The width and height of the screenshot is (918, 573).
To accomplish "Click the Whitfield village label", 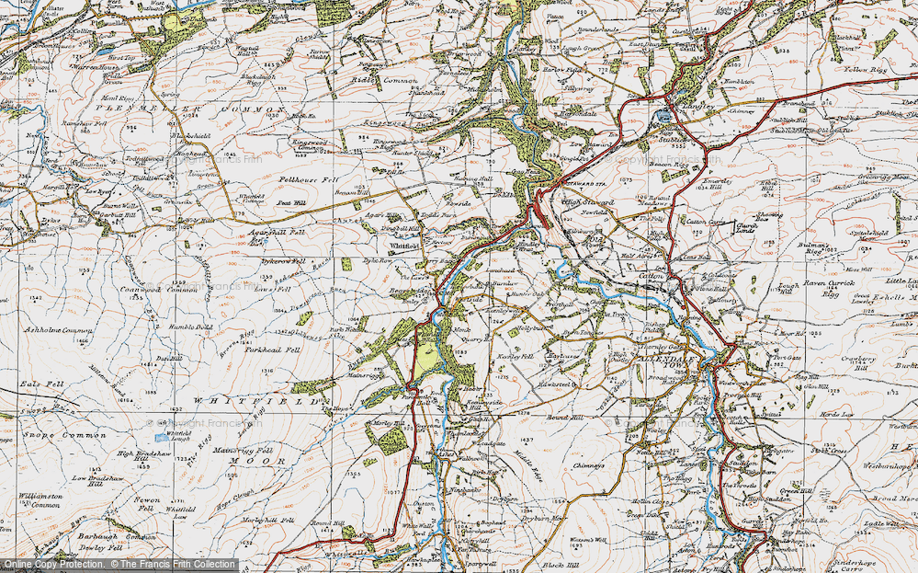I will pos(404,246).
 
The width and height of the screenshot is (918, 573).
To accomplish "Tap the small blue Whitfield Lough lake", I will pos(163,437).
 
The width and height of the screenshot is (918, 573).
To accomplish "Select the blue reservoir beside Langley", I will pos(663,117).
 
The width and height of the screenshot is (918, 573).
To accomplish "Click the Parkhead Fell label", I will pos(273,350).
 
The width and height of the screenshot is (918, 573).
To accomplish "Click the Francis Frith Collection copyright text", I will pos(119,564).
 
